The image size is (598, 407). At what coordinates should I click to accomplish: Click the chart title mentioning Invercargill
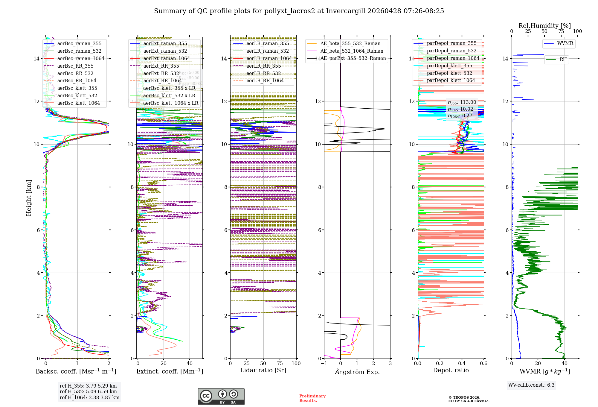(x=299, y=11)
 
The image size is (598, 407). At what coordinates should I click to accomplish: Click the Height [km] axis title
(x=29, y=198)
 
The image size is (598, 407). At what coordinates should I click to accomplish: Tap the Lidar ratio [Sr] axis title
(x=263, y=370)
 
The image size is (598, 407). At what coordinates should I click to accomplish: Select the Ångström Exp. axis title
(x=357, y=372)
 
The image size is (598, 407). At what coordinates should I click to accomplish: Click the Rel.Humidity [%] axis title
(x=544, y=26)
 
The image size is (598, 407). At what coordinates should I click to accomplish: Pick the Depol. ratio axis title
(x=451, y=370)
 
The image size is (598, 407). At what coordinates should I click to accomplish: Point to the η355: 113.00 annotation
(x=462, y=102)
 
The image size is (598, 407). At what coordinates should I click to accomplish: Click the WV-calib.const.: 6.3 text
(x=531, y=385)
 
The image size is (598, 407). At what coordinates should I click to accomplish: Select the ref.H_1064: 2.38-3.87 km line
(x=89, y=398)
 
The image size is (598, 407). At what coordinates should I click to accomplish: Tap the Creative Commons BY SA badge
(x=221, y=396)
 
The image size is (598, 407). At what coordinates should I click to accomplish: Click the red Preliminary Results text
(x=312, y=398)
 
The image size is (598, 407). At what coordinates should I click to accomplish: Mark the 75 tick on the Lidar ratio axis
(x=280, y=364)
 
